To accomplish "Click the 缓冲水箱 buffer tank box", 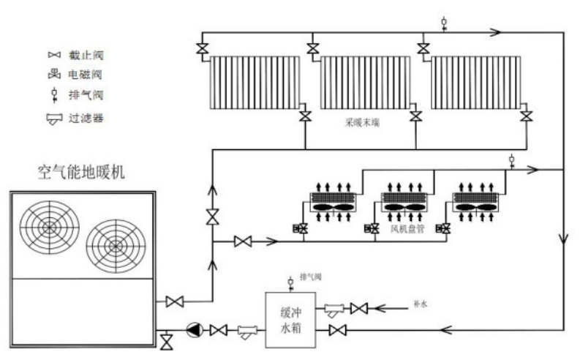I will [290, 320].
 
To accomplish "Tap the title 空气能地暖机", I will [81, 173].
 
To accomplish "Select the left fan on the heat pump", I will [49, 227].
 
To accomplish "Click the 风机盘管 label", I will [404, 229].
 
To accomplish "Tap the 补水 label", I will [419, 302].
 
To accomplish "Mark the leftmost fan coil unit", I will [333, 203].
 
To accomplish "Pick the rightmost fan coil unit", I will [475, 203].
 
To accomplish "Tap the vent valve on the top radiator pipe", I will [445, 23].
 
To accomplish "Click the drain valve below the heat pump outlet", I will [166, 341].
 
